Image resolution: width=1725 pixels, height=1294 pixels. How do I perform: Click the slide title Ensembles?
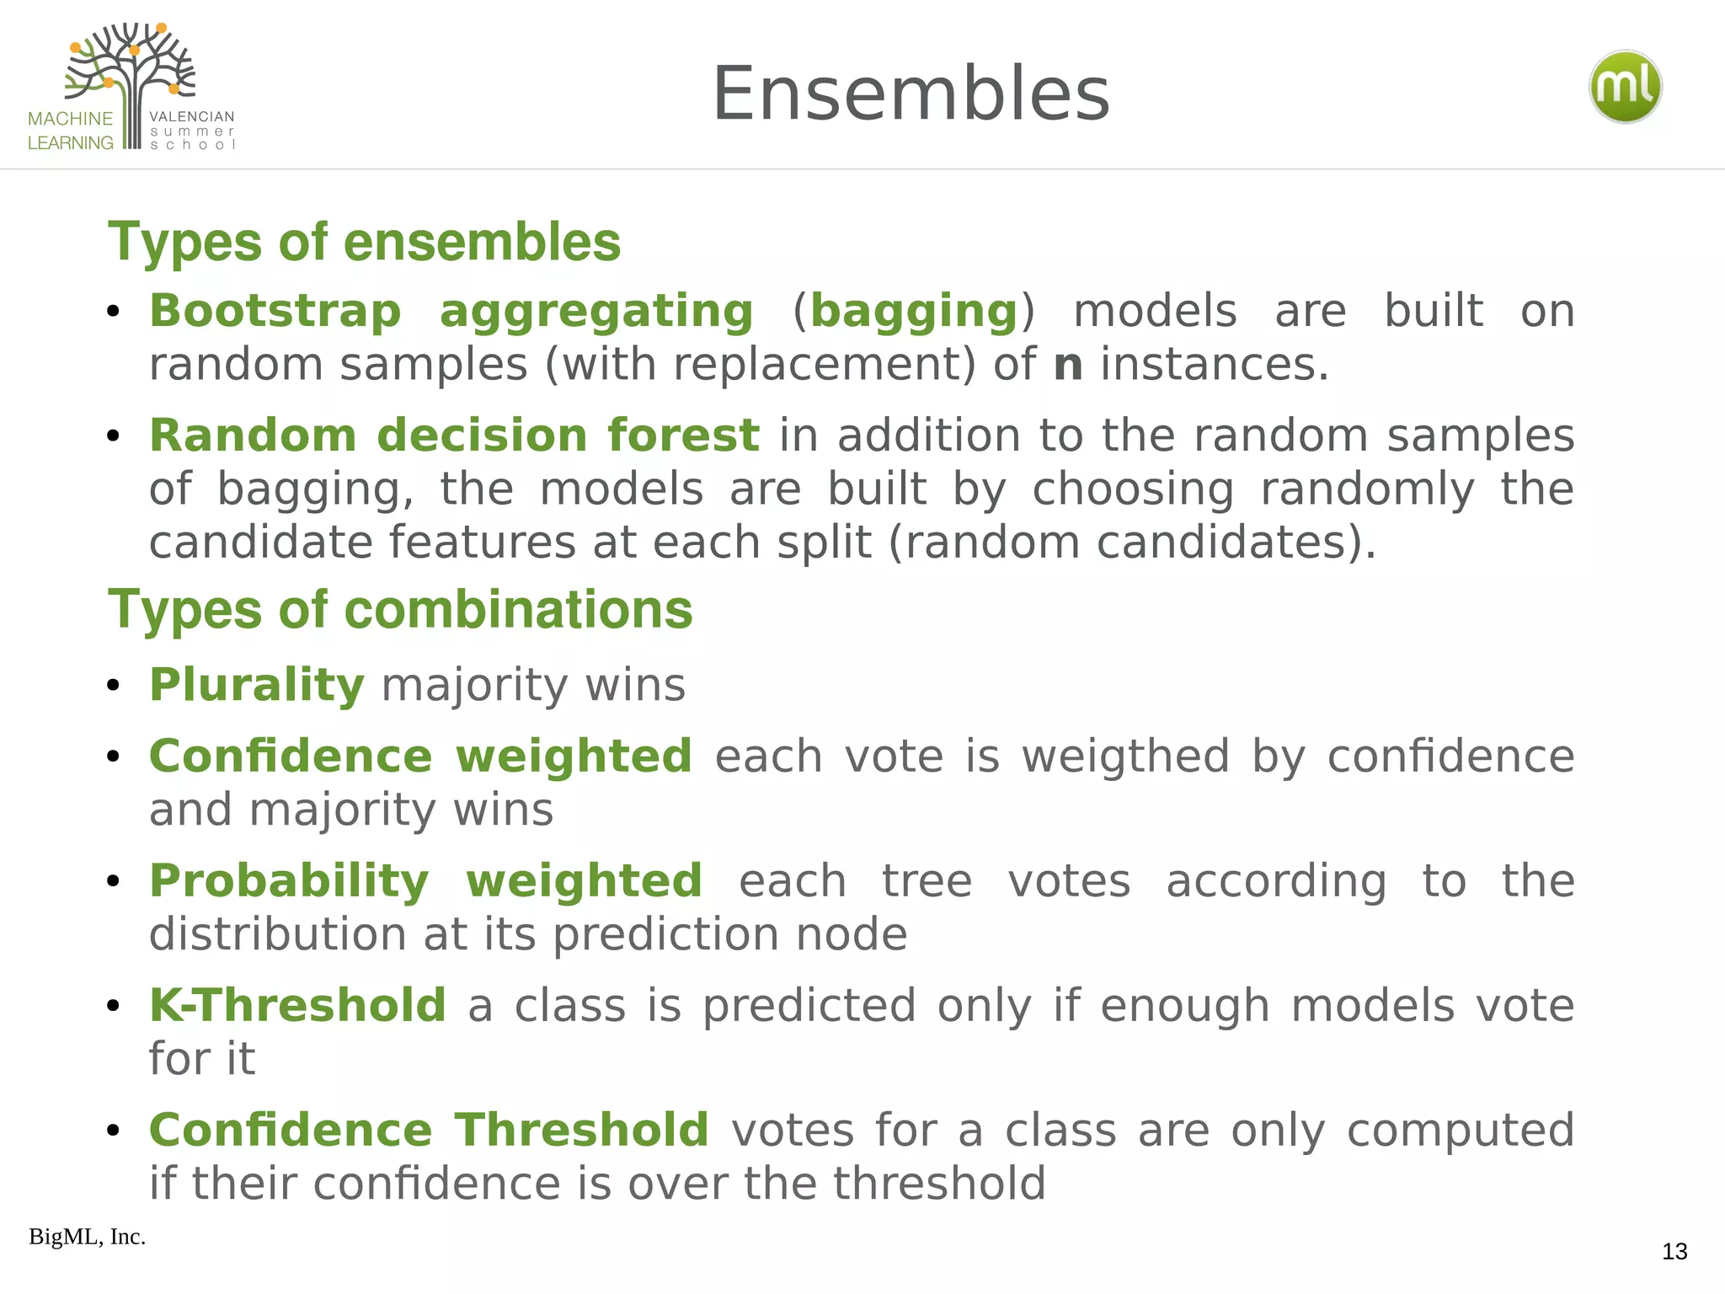pos(911,94)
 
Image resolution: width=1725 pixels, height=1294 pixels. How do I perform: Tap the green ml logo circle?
pos(1625,88)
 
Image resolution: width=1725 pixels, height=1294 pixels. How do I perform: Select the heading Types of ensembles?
pos(364,242)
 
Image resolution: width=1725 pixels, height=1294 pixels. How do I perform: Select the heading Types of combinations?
pos(400,609)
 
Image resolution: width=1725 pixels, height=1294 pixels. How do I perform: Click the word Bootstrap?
pos(275,311)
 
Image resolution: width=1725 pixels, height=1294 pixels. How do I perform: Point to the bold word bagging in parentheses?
pos(914,311)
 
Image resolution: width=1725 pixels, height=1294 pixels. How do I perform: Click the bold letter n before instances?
pos(1068,365)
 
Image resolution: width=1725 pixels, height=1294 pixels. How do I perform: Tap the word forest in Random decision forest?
pos(683,436)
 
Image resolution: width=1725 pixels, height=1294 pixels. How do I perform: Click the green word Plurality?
pos(257,684)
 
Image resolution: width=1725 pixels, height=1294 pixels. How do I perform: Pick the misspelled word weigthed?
pos(1125,756)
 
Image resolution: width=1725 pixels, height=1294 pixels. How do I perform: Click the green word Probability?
pos(289,880)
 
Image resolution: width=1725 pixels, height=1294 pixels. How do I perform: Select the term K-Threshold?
pos(297,1005)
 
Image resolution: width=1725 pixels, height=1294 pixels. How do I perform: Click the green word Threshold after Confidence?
pos(582,1130)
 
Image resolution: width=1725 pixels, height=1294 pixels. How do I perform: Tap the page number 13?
pos(1674,1252)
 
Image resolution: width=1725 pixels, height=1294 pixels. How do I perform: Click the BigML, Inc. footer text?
pos(87,1237)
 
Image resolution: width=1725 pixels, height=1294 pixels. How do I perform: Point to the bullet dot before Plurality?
pos(114,685)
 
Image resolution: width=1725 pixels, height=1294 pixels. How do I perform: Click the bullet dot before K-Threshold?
pos(114,1006)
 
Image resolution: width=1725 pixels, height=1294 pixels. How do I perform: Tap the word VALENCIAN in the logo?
pos(192,116)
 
